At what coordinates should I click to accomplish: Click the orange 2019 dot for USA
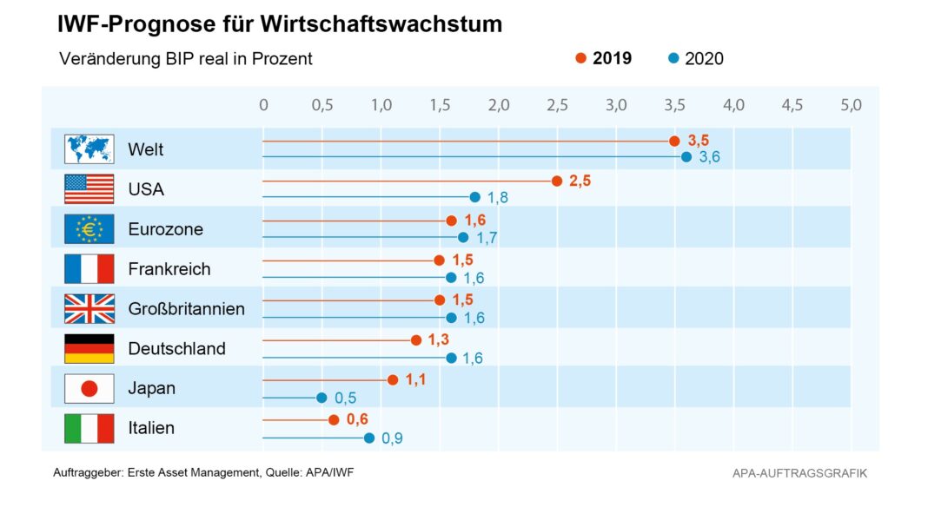coord(557,181)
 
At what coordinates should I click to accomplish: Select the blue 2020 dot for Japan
coord(321,398)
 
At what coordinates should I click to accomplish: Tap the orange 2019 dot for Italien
coord(334,420)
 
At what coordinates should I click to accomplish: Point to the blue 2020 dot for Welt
coord(686,157)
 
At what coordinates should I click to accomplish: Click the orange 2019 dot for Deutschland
coord(416,340)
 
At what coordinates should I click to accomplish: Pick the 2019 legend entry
coord(604,59)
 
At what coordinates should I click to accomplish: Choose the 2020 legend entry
coord(696,59)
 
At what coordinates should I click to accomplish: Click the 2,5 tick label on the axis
coord(557,105)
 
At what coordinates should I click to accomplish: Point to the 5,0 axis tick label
coord(851,105)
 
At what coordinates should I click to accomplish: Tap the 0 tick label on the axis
coord(263,105)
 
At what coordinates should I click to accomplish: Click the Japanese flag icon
coord(89,388)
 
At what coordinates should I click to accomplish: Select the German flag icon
coord(89,348)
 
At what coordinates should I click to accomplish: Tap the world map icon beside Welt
coord(89,149)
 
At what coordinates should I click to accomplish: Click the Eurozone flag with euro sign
coord(89,229)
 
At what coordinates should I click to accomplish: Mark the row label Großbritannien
coord(186,309)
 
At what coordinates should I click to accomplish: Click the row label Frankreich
coord(169,269)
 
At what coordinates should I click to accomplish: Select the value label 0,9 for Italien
coord(392,438)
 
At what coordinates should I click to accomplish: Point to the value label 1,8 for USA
coord(498,198)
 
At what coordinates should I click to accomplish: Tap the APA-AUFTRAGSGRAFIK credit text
coord(799,473)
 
